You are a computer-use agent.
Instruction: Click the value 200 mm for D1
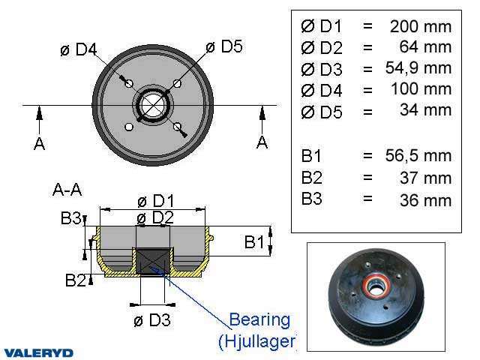(421, 26)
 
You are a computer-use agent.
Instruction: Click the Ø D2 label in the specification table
(321, 47)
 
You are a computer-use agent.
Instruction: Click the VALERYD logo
(38, 352)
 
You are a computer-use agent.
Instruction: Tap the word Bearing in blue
(259, 320)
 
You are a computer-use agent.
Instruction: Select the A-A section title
(68, 190)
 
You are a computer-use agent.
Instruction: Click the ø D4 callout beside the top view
(79, 50)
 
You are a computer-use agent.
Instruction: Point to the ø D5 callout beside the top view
(225, 46)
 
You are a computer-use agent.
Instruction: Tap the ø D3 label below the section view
(152, 321)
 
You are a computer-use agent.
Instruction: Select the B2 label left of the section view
(75, 280)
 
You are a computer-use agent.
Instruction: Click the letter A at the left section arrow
(39, 143)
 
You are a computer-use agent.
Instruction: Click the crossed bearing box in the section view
(152, 262)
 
